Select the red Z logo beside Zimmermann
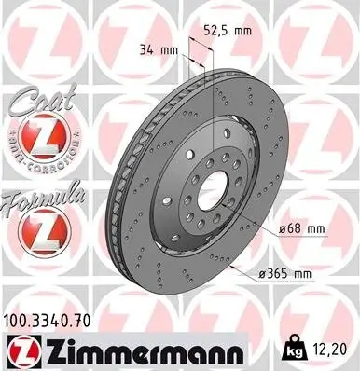coord(21,351)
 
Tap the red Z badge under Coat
coord(41,140)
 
